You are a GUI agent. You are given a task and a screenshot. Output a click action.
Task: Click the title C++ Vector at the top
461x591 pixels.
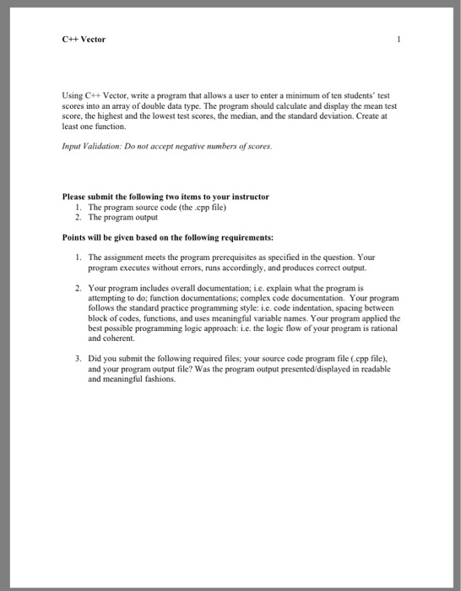[x=84, y=40]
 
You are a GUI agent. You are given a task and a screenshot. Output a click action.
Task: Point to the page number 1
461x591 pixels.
[x=397, y=40]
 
